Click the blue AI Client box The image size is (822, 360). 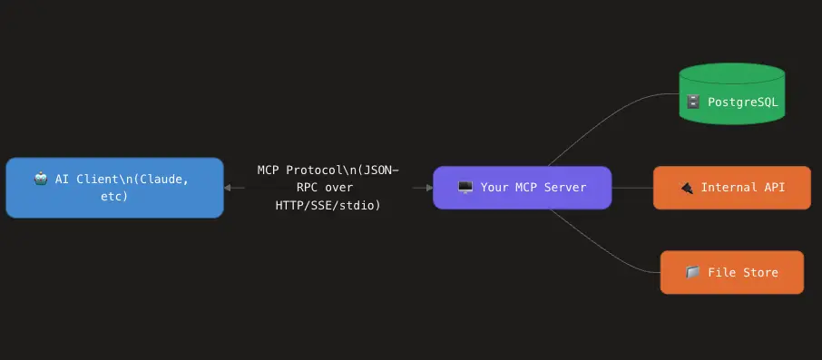click(x=114, y=188)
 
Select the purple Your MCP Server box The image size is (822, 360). click(x=522, y=188)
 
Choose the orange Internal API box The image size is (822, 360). click(x=731, y=188)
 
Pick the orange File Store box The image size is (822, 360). click(x=731, y=272)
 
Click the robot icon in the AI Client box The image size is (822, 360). click(x=41, y=179)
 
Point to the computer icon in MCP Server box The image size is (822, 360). click(x=465, y=188)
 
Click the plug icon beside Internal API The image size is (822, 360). click(x=687, y=188)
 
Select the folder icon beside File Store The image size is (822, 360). click(x=692, y=272)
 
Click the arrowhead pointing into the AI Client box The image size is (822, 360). click(x=229, y=188)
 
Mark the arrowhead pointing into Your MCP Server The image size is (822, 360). click(x=427, y=188)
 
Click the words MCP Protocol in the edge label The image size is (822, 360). click(x=298, y=170)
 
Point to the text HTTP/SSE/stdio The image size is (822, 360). click(x=328, y=206)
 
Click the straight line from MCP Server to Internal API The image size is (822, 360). click(x=632, y=188)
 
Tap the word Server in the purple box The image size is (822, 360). click(x=564, y=188)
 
